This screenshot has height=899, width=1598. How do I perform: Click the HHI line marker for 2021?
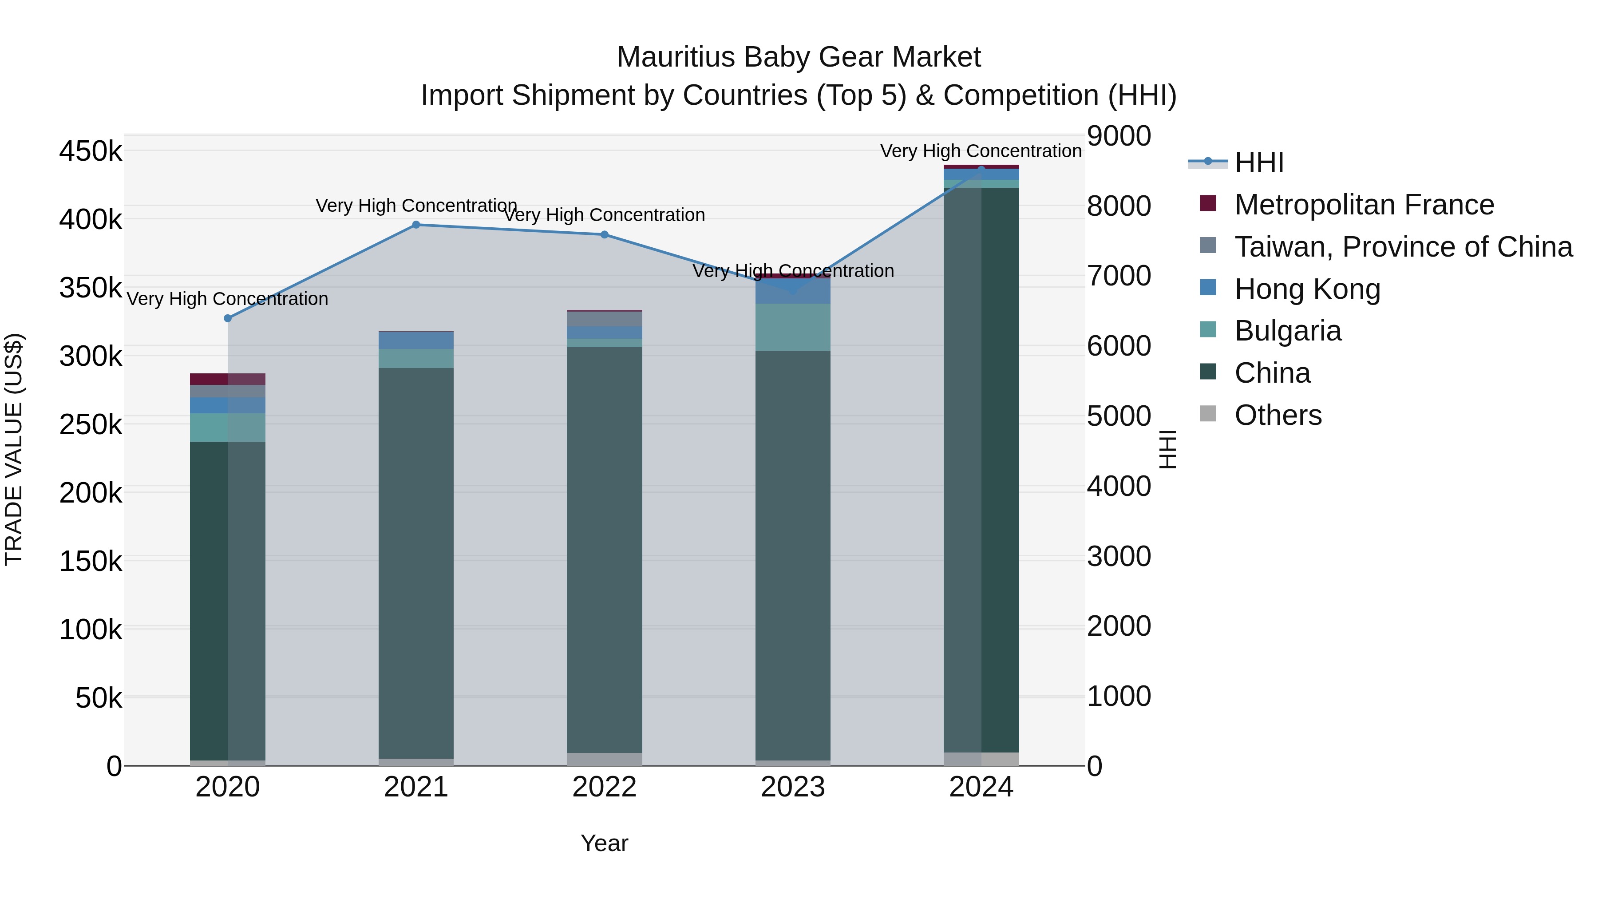tap(416, 225)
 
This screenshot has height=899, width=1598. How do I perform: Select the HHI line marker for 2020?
tap(228, 318)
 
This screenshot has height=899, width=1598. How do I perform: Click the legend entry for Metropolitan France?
tap(1364, 205)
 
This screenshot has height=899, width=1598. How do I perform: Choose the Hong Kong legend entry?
tap(1307, 289)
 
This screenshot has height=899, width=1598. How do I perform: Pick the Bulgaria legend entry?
tap(1287, 331)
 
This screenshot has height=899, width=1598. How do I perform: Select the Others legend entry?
tap(1278, 415)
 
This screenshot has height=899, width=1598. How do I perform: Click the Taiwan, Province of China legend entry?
tap(1403, 247)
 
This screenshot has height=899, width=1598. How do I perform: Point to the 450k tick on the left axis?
tap(91, 151)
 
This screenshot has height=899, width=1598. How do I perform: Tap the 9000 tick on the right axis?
tap(1119, 136)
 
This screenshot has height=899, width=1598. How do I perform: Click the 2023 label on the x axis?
tap(793, 787)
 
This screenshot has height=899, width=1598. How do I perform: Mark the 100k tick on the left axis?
tap(91, 630)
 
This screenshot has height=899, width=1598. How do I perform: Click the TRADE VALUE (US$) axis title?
tap(14, 449)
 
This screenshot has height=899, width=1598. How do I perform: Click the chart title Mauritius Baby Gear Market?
tap(799, 57)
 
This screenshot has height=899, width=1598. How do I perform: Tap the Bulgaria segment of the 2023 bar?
tap(793, 327)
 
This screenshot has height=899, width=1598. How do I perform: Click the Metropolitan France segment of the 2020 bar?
tap(228, 379)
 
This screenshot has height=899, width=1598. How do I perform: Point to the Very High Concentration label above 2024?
tap(981, 151)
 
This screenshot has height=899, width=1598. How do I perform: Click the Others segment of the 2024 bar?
tap(981, 759)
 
